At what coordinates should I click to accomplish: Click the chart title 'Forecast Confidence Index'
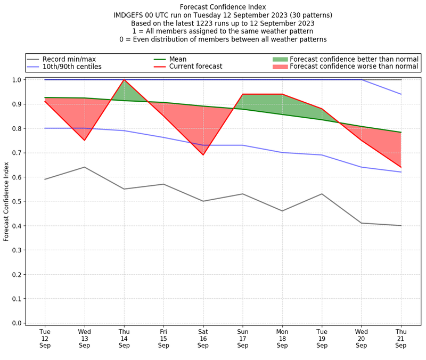pyautogui.click(x=223, y=6)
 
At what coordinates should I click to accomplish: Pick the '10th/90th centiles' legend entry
pyautogui.click(x=72, y=67)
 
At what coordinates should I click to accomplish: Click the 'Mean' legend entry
pyautogui.click(x=178, y=59)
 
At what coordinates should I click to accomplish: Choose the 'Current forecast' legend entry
pyautogui.click(x=195, y=67)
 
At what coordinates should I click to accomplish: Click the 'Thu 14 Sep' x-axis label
pyautogui.click(x=124, y=338)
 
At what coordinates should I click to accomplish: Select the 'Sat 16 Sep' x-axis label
pyautogui.click(x=203, y=338)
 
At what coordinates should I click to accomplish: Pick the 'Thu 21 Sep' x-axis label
pyautogui.click(x=401, y=338)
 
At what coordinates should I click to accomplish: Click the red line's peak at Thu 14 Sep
pyautogui.click(x=124, y=80)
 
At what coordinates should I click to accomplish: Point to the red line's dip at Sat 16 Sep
pyautogui.click(x=203, y=155)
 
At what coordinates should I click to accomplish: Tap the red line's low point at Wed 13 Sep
pyautogui.click(x=84, y=140)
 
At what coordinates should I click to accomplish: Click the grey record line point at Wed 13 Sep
pyautogui.click(x=84, y=167)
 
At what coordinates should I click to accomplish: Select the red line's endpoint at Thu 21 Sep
pyautogui.click(x=401, y=167)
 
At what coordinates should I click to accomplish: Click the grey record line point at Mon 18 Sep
pyautogui.click(x=282, y=211)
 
